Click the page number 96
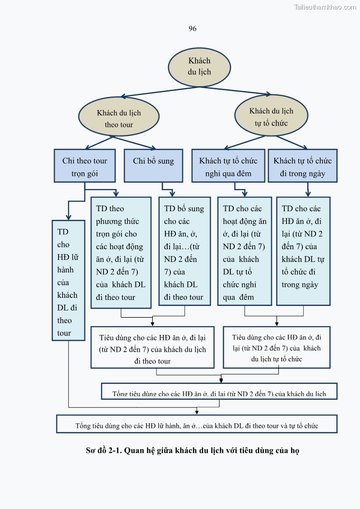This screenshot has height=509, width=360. coord(192,29)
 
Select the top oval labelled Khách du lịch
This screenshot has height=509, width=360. coord(199,66)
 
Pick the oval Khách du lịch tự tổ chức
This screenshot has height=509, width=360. coord(271,116)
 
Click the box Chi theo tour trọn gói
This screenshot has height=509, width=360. coord(85,166)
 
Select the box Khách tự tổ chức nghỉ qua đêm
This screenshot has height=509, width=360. coord(228,166)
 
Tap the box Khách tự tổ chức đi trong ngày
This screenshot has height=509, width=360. coord(302,166)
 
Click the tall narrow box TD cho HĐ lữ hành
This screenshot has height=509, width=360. coord(68,281)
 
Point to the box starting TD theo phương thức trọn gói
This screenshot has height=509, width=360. coord(121,252)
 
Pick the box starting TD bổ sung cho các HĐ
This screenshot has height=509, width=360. coord(184,251)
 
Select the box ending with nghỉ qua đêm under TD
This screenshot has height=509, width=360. coord(244,251)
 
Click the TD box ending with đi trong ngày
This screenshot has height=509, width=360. coord(303,251)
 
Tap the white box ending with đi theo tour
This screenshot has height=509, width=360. coord(152,348)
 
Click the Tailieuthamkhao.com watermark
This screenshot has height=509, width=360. coord(325,7)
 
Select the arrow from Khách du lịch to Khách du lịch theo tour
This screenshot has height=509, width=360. coord(159,92)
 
